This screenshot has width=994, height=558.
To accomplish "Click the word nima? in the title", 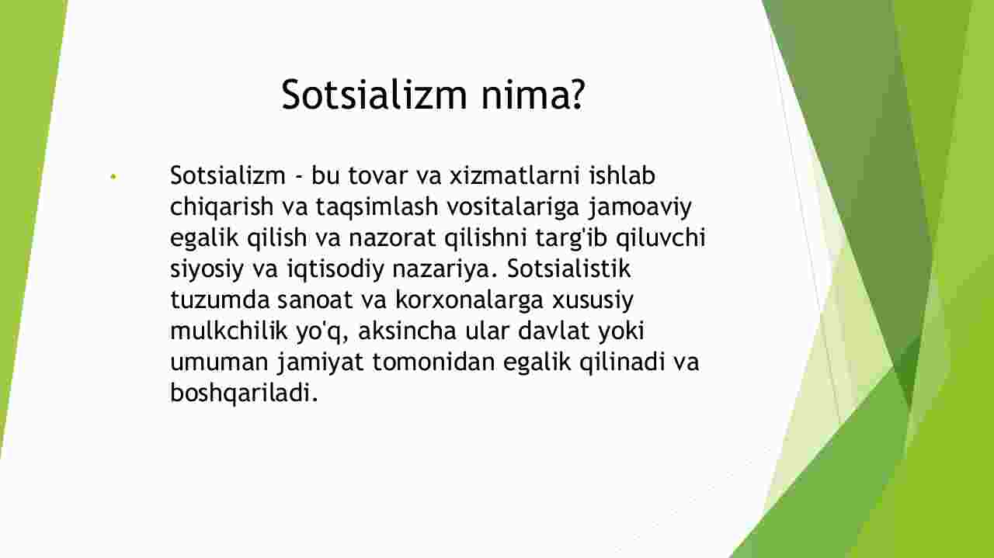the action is [x=533, y=95].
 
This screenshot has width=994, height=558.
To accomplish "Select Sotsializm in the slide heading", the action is [x=374, y=94].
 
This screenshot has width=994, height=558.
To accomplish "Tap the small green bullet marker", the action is [x=113, y=177].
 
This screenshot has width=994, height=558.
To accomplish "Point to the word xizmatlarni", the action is [x=515, y=175].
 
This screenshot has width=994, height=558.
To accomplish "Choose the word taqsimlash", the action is [x=377, y=207].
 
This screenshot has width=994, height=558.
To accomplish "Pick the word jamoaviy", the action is [x=640, y=207].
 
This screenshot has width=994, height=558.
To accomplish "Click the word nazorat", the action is [x=392, y=237].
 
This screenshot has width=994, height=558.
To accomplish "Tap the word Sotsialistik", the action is [x=568, y=269].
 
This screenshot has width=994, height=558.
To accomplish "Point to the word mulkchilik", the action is [x=229, y=331].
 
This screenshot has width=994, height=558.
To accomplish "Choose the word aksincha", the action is [x=407, y=331].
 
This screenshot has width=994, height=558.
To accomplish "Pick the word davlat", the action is [x=554, y=331].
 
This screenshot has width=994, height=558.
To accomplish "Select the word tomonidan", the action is [x=433, y=362].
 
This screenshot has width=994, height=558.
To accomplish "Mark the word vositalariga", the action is [x=513, y=207].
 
